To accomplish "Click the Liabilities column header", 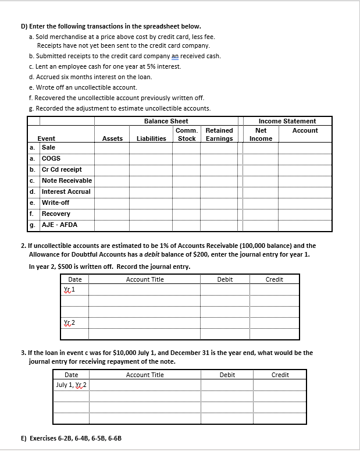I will tap(151, 139).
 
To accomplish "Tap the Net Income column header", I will tap(261, 134).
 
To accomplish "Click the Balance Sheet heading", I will tap(166, 121).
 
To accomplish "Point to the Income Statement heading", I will tap(287, 121).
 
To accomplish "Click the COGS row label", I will tap(51, 158).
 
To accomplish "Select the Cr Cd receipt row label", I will tap(62, 169).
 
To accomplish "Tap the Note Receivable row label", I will tap(66, 180).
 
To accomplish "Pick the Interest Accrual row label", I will tap(66, 191).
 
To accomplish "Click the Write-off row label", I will tap(56, 203).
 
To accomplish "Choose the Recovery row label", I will tap(56, 214).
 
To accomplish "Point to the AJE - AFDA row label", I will tap(59, 225).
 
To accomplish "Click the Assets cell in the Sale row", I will tap(112, 148).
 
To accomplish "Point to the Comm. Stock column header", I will tap(186, 134).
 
